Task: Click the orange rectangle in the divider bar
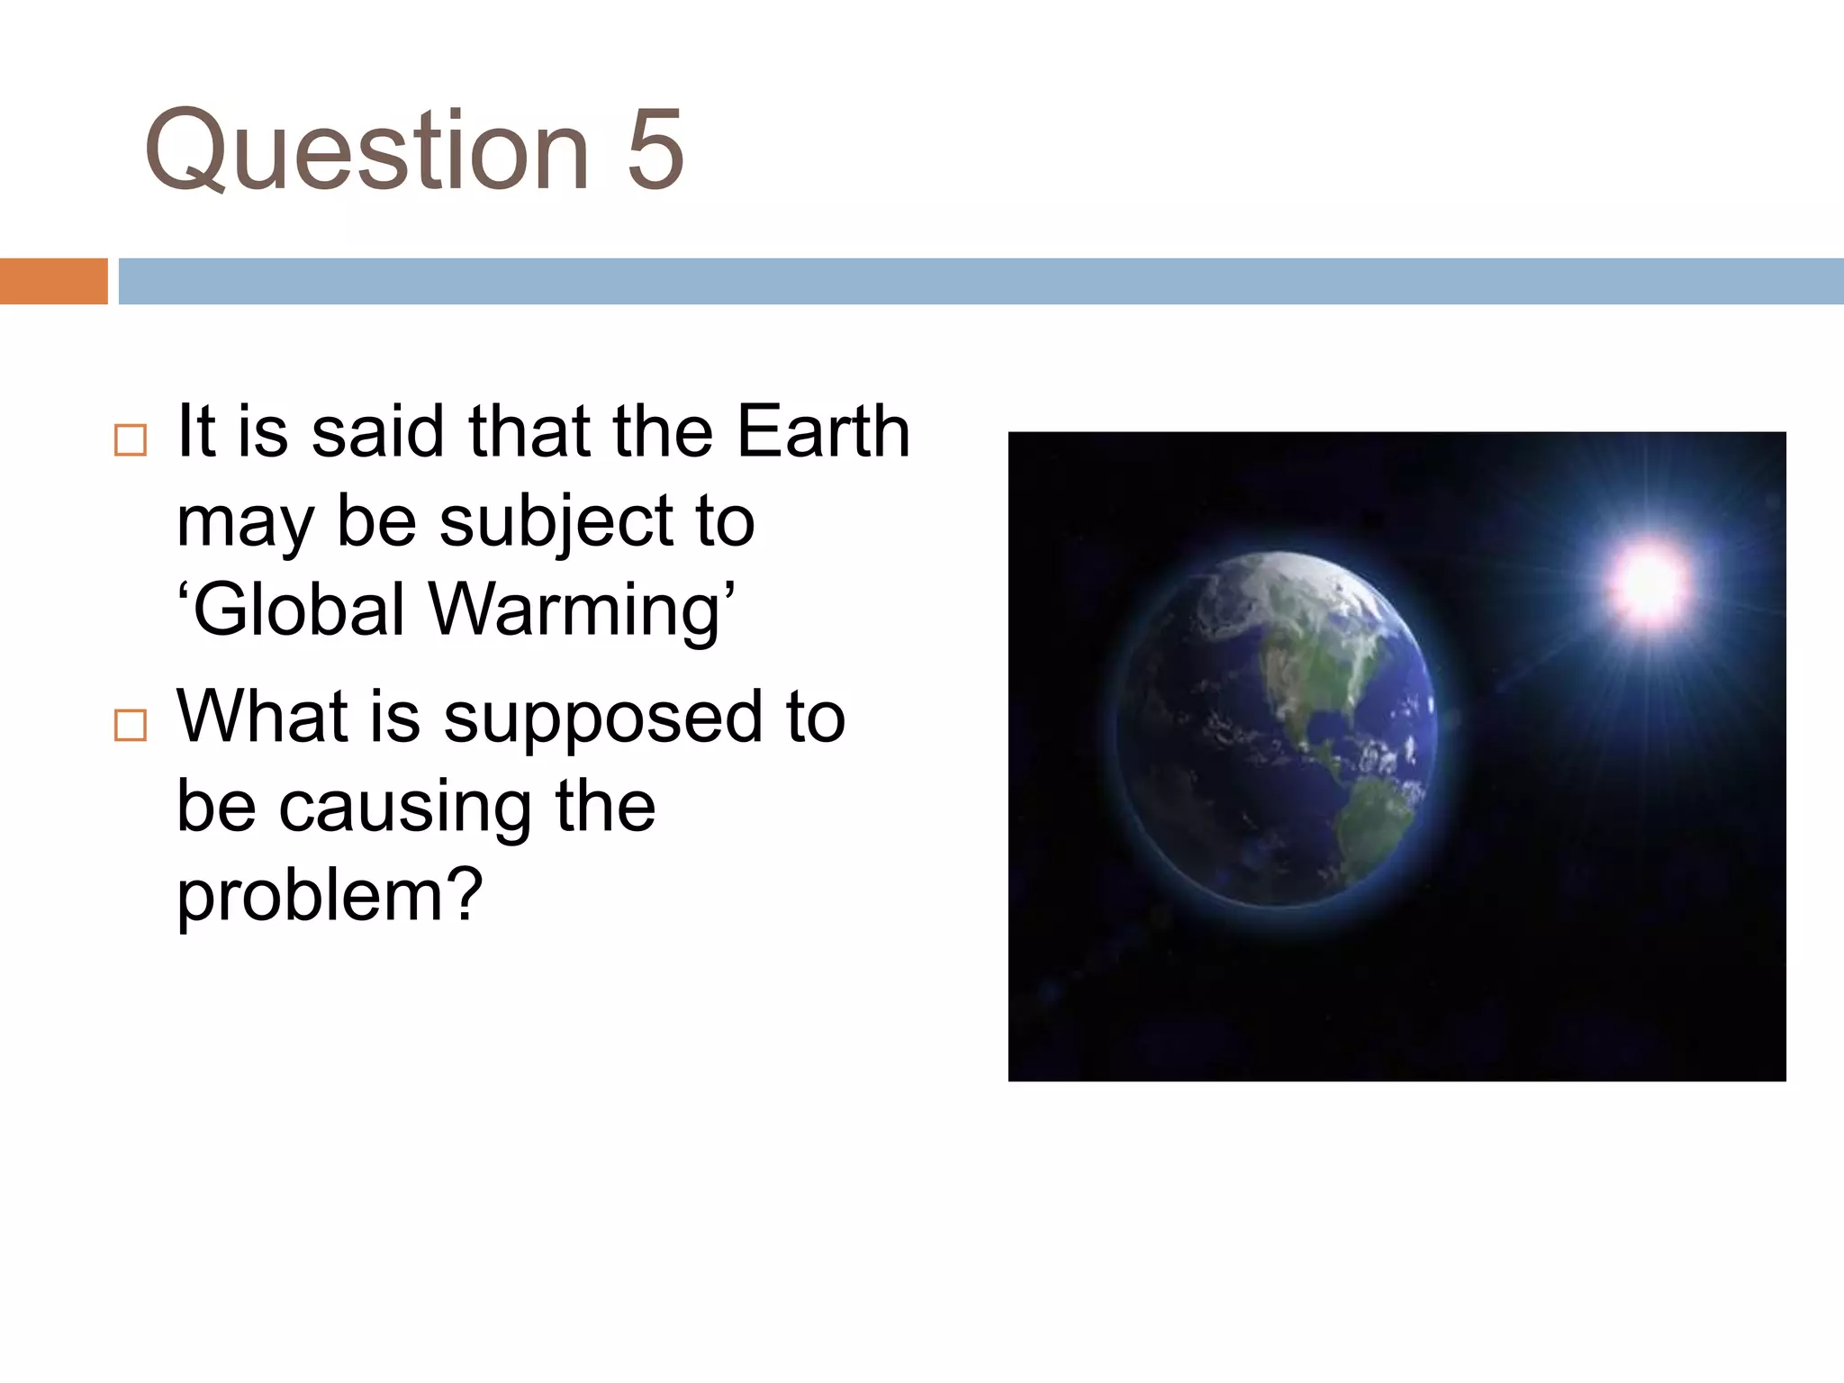53,281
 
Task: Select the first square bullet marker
131,440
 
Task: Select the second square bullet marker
131,725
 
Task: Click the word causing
404,808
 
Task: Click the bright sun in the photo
1650,583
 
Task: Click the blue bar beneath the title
981,281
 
